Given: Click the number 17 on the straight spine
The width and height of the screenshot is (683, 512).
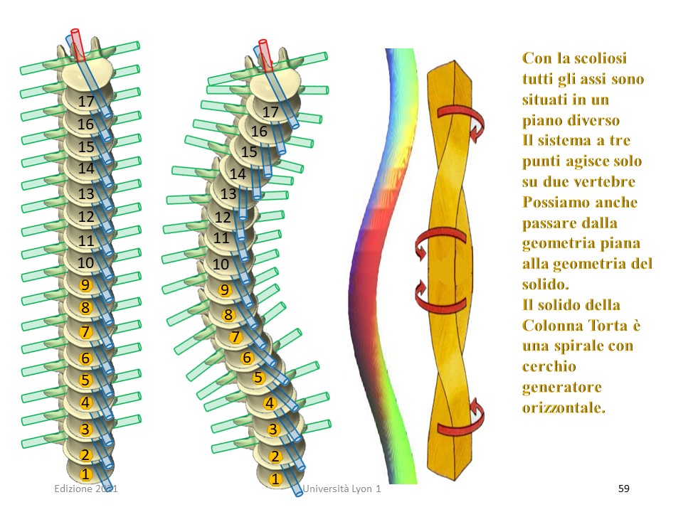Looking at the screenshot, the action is [x=86, y=102].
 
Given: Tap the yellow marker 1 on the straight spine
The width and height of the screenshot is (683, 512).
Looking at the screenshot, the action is [x=86, y=474].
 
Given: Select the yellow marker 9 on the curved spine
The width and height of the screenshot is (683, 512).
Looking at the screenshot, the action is [x=225, y=289].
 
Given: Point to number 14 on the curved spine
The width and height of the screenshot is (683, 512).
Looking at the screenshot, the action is [x=238, y=174].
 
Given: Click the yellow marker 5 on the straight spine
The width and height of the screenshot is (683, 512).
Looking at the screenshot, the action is [x=86, y=380].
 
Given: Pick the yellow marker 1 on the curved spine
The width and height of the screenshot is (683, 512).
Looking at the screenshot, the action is [x=275, y=479].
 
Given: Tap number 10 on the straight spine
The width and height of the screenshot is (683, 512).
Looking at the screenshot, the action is [x=86, y=263].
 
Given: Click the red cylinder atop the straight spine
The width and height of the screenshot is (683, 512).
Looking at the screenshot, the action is [x=78, y=45].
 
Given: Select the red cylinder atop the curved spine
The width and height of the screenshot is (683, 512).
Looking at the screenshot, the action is [x=265, y=55].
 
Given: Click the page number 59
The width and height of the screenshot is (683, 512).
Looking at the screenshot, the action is [x=624, y=489].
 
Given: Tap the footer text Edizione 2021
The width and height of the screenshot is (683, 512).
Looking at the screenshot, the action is [x=86, y=489].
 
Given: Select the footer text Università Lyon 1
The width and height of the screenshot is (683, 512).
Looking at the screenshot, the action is [x=342, y=489].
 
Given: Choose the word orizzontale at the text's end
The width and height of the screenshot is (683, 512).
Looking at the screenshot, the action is [x=563, y=407].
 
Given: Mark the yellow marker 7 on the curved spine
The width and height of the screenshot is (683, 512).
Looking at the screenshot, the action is [x=235, y=336].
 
